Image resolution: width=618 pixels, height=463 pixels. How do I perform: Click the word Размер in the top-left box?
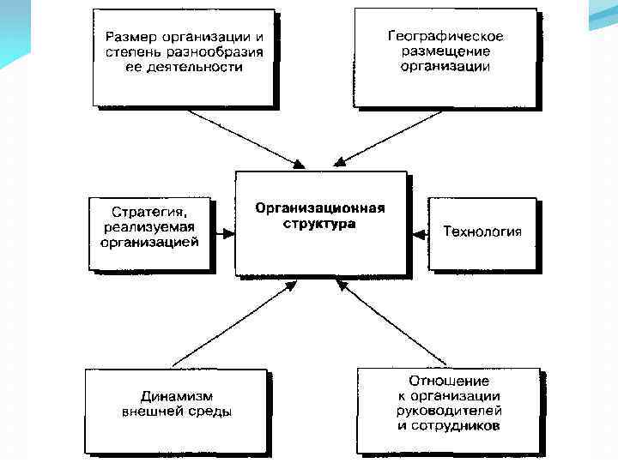(x=129, y=38)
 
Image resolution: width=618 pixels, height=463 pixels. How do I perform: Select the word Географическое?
(x=445, y=37)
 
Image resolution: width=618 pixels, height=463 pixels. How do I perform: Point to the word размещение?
(x=445, y=51)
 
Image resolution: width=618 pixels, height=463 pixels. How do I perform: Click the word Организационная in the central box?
(x=319, y=208)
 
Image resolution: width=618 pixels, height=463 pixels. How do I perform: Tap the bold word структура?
(x=318, y=224)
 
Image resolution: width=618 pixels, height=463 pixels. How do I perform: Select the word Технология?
(x=482, y=231)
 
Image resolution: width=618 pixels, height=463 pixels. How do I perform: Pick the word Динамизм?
(x=176, y=396)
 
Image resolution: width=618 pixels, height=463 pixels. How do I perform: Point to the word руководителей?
(x=447, y=411)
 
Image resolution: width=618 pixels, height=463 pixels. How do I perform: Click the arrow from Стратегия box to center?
(x=224, y=231)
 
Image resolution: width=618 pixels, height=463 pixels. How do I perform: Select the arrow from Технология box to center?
(x=418, y=231)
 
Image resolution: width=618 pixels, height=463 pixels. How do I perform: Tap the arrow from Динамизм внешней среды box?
(x=232, y=326)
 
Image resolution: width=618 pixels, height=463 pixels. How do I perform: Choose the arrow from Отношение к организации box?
(x=395, y=326)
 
